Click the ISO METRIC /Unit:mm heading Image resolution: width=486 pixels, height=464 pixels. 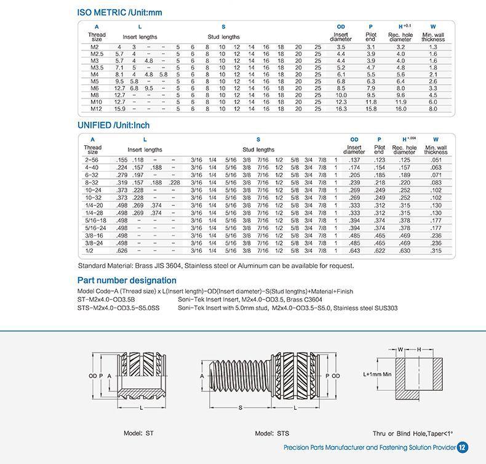[x=119, y=12]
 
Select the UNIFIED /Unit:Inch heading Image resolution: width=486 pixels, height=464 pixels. [x=113, y=126]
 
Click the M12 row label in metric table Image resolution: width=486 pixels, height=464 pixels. [x=94, y=109]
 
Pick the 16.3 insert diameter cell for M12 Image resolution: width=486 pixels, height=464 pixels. [x=341, y=109]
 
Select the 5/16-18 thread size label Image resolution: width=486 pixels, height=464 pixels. [x=95, y=220]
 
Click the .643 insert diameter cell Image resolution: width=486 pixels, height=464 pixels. [x=354, y=250]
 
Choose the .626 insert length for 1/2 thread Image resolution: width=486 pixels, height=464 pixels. [x=121, y=250]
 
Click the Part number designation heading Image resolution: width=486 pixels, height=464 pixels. [x=127, y=281]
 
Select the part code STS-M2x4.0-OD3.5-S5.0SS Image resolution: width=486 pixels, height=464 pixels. [x=118, y=307]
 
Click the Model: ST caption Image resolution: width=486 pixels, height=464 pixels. [x=139, y=433]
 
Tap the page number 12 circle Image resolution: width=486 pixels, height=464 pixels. [x=463, y=448]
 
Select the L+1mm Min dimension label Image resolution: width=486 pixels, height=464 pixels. [x=377, y=373]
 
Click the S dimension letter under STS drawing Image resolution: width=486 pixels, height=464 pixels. [x=240, y=407]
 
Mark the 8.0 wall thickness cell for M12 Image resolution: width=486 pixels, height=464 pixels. [x=432, y=109]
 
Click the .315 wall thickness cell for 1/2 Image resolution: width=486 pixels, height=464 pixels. [x=436, y=250]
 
